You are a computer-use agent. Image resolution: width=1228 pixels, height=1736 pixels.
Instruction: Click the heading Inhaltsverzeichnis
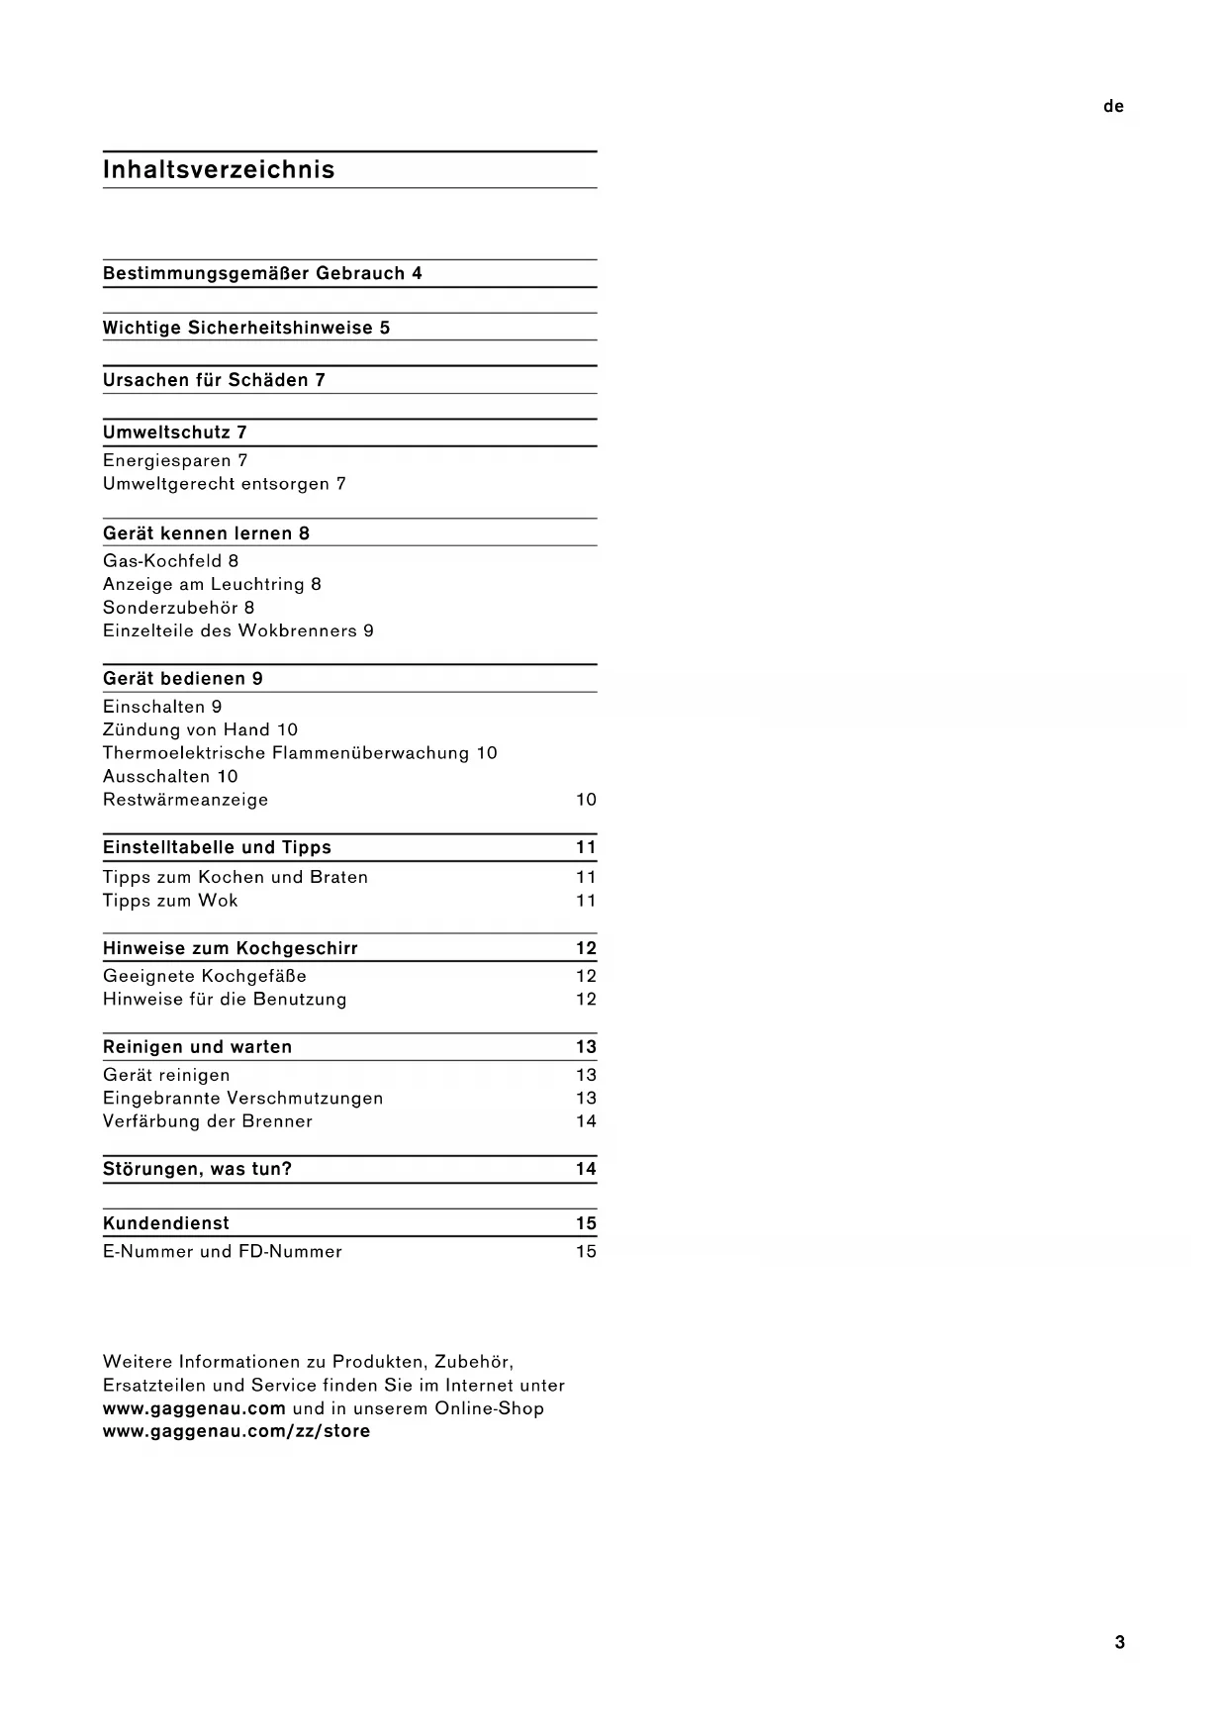coord(219,169)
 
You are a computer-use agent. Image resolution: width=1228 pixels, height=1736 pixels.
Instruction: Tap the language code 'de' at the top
coord(1113,107)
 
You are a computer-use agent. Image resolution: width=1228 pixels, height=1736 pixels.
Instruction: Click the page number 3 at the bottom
coord(1119,1642)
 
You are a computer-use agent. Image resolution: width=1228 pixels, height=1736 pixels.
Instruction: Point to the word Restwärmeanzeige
coord(185,800)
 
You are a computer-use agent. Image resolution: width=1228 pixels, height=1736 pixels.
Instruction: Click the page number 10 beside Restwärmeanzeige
coord(586,800)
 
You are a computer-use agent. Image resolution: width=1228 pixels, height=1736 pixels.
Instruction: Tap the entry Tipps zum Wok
coord(170,901)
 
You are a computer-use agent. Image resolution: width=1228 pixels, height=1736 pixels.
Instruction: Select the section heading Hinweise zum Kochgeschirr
coord(231,948)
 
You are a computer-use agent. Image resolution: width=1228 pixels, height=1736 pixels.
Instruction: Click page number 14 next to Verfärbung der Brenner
coord(586,1121)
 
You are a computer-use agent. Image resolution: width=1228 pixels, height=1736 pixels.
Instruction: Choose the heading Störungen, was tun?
coord(197,1169)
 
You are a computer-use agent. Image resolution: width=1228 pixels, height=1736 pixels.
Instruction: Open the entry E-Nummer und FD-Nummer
coord(223,1251)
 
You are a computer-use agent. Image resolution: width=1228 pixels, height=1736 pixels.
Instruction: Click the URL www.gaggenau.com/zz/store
coord(236,1431)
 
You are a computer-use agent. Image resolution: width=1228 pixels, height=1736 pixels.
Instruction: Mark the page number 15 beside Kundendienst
coord(586,1223)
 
